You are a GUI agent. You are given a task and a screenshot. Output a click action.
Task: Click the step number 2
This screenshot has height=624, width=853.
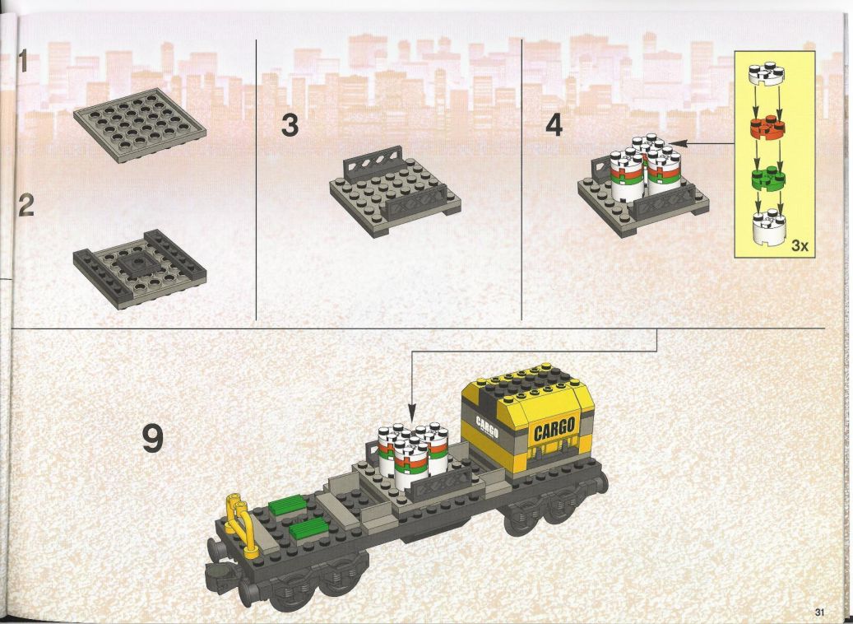click(26, 205)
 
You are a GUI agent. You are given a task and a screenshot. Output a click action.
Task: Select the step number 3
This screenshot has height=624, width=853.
click(290, 125)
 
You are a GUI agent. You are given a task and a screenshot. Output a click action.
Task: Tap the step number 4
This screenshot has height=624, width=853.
click(554, 125)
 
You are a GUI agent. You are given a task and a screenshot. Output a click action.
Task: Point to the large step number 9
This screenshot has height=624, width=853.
click(152, 438)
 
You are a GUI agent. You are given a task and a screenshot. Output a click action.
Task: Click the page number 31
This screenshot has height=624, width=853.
click(820, 610)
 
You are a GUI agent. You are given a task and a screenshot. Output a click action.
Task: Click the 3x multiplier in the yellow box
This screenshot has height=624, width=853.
click(800, 245)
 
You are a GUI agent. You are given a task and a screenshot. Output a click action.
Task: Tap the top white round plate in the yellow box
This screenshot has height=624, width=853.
click(767, 73)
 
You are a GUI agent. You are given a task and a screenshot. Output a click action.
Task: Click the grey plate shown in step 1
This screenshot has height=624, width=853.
click(140, 125)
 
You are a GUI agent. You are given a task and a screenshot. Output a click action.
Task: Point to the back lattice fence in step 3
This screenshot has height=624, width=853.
click(373, 163)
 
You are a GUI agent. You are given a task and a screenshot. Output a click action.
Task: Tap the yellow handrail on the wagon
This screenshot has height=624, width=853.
click(240, 524)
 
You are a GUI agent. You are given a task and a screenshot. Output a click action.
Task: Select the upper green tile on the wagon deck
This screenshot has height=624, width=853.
click(287, 505)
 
